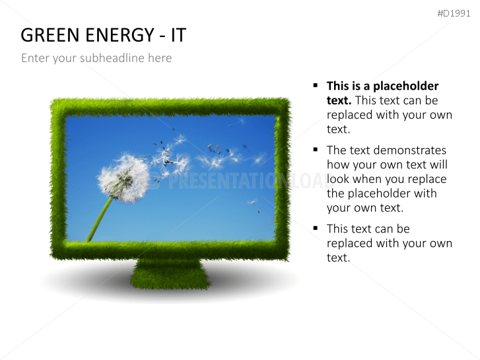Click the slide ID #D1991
tap(454, 13)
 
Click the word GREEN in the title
tap(48, 35)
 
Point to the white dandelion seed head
tap(123, 178)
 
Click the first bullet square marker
tap(316, 86)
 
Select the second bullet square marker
tap(316, 150)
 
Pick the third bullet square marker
tap(316, 229)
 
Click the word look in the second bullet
tap(338, 179)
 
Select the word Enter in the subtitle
tap(35, 58)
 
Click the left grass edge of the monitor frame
tap(58, 178)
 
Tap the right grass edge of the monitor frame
tap(283, 178)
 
